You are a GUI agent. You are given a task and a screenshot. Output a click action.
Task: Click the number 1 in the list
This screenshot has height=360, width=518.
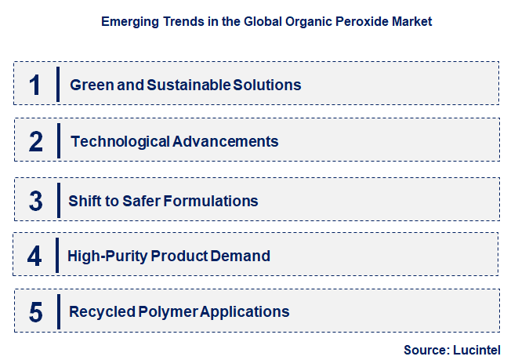pos(34,85)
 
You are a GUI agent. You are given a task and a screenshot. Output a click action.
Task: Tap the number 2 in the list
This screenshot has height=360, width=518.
pos(35,142)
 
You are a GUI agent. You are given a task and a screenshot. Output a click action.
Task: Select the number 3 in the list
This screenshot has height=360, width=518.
pos(35,201)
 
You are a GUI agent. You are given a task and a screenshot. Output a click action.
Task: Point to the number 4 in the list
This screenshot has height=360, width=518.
pos(34,256)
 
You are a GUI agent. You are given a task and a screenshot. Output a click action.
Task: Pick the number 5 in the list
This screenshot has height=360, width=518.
pos(35,312)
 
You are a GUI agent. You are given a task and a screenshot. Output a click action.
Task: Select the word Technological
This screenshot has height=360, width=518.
pos(119,142)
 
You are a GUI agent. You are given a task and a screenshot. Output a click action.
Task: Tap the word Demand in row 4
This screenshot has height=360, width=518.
pos(243,256)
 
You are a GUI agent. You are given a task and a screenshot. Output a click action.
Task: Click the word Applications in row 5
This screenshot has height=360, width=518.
pos(245,312)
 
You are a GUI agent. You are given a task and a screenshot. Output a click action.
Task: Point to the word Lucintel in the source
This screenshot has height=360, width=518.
pos(476,350)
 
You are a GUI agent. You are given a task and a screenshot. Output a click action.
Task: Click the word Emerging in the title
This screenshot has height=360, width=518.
pos(128,22)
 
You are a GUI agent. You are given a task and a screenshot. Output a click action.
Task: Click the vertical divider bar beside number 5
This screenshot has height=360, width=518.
pos(58,311)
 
